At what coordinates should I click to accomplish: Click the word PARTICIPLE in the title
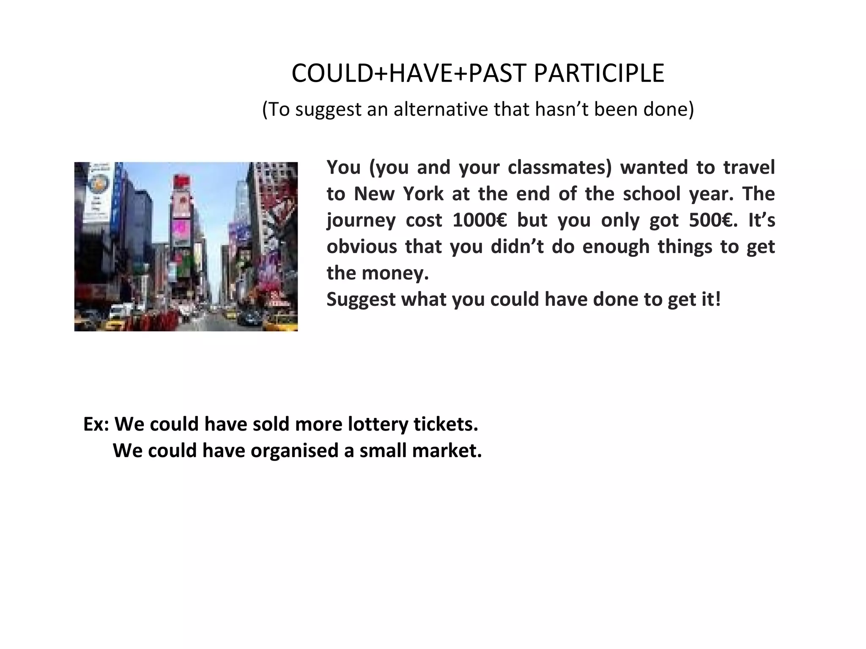click(x=599, y=74)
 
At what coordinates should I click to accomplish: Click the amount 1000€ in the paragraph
click(x=479, y=220)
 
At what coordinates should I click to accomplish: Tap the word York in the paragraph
click(x=423, y=194)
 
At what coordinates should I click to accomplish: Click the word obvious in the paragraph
click(x=362, y=246)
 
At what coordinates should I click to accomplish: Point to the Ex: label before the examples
click(x=96, y=424)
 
